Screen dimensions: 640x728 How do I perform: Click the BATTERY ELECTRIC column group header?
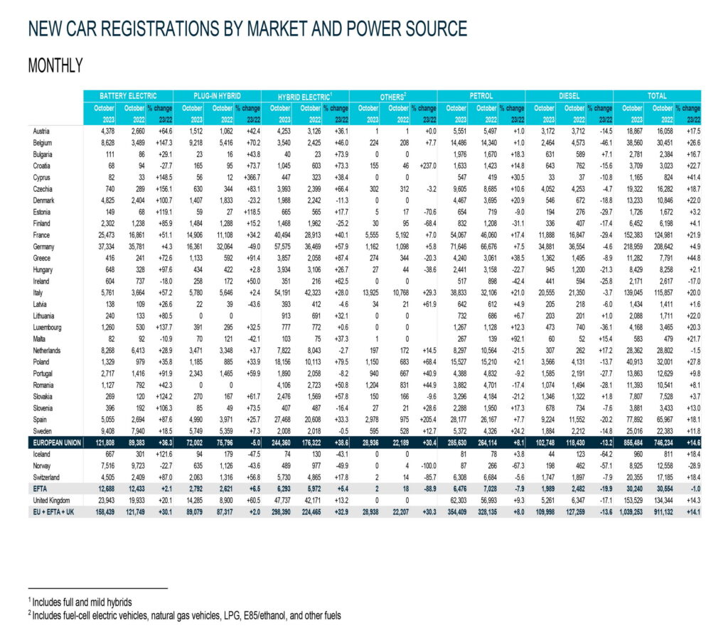tap(127, 95)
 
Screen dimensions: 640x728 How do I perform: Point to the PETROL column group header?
tap(482, 95)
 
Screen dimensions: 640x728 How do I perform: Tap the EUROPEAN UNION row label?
tap(55, 440)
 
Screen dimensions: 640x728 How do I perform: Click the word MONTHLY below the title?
tap(55, 66)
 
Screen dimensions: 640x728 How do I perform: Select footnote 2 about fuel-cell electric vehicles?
tap(184, 616)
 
